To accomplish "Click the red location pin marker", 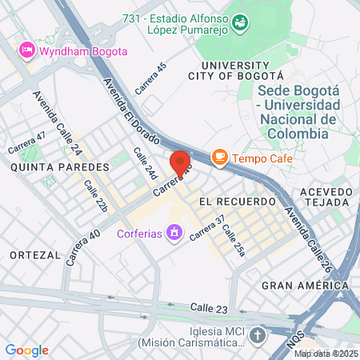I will pyautogui.click(x=180, y=163).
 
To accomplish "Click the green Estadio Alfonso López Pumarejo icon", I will pyautogui.click(x=239, y=25).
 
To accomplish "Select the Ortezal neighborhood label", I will pyautogui.click(x=35, y=254).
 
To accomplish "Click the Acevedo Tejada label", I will pyautogui.click(x=326, y=198).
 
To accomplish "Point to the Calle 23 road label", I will pyautogui.click(x=210, y=307).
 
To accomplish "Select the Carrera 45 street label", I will pyautogui.click(x=150, y=78).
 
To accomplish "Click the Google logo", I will pyautogui.click(x=26, y=350).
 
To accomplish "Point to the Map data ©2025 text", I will pyautogui.click(x=325, y=354).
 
